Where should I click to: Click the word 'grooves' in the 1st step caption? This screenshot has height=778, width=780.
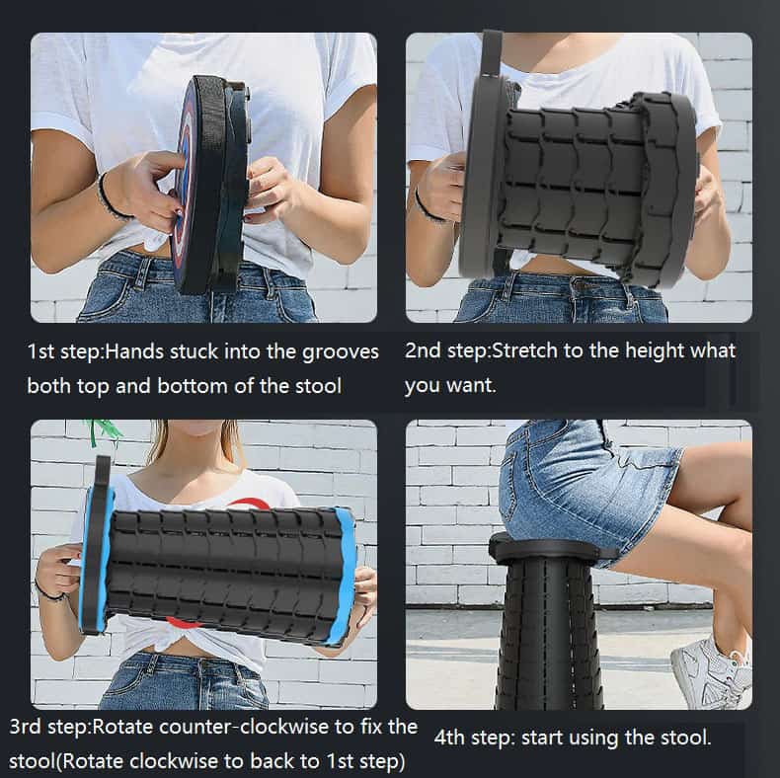pyautogui.click(x=341, y=352)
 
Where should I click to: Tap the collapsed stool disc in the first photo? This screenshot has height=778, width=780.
pyautogui.click(x=210, y=184)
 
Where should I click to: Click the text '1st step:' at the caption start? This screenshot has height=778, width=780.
pyautogui.click(x=64, y=352)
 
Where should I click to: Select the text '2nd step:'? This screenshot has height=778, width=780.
pyautogui.click(x=446, y=351)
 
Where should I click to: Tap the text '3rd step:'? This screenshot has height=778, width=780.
pyautogui.click(x=49, y=728)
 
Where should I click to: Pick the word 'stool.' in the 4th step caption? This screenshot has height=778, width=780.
pyautogui.click(x=684, y=738)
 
